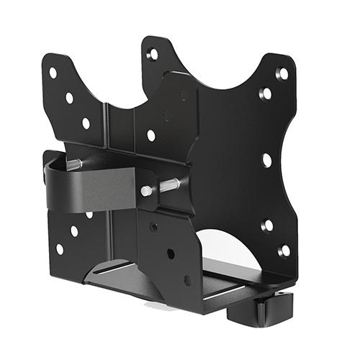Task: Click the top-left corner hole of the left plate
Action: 53,73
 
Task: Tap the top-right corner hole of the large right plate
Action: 283,73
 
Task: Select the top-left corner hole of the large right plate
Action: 153,54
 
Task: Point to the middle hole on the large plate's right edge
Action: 266,160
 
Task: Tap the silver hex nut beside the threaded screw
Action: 147,191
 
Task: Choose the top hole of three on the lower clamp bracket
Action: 153,226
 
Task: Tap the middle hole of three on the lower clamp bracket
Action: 171,253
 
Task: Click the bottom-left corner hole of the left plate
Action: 59,248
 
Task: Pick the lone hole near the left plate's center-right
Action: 150,135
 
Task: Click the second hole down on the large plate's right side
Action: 266,94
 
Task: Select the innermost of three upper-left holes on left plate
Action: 86,123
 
